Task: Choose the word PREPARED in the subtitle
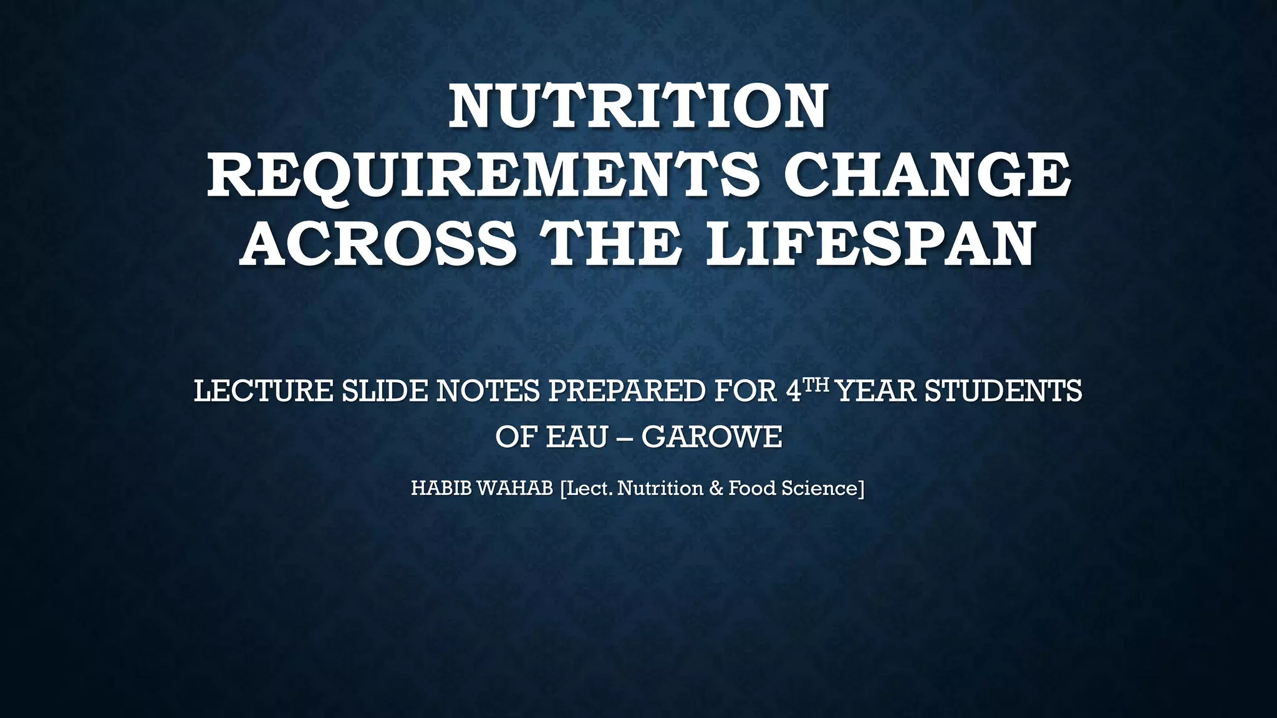(x=627, y=391)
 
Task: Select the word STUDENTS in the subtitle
(x=1003, y=391)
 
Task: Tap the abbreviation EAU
(x=577, y=437)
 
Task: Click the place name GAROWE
(x=711, y=437)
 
